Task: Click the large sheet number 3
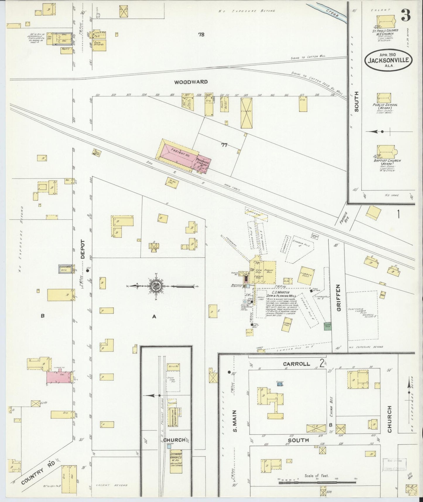405,15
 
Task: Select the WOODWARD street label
191,82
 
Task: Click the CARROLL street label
297,364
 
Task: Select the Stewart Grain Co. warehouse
176,462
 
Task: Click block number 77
224,145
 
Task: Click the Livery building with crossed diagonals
246,113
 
